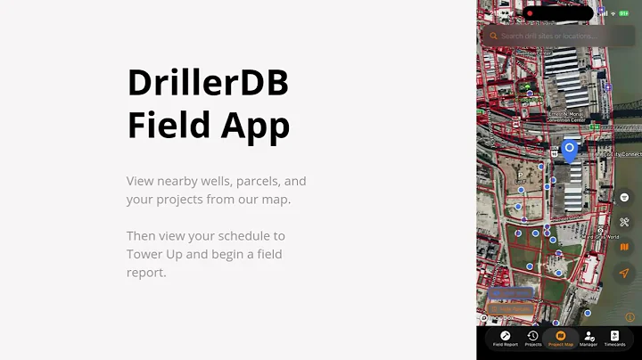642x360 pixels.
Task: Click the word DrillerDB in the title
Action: point(208,84)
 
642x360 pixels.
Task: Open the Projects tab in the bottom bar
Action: point(532,337)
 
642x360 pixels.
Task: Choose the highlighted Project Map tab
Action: point(561,337)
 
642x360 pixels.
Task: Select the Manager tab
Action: point(588,337)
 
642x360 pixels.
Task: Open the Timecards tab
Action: point(614,337)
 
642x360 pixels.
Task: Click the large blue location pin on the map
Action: point(569,150)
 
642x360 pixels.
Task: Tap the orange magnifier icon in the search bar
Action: point(493,37)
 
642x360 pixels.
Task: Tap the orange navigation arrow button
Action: point(624,273)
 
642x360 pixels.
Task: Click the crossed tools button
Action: point(624,222)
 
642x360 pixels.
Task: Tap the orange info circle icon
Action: point(630,316)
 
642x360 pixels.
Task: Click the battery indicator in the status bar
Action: point(625,13)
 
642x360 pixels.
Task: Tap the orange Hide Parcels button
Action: point(509,309)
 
